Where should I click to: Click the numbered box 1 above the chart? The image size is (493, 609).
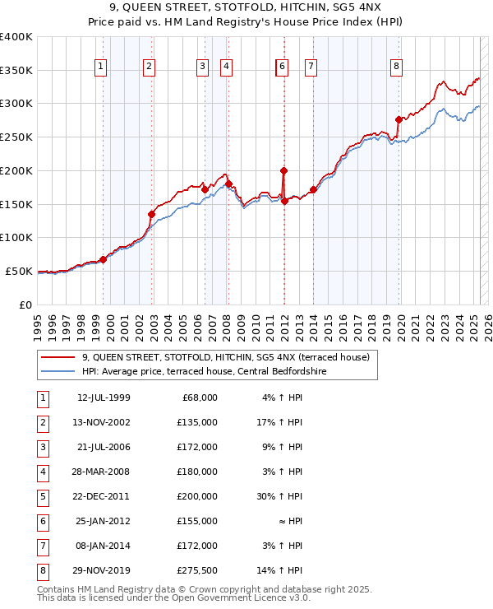click(100, 67)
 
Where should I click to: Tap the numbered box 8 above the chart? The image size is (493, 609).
click(396, 67)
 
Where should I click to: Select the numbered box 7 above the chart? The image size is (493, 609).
click(311, 67)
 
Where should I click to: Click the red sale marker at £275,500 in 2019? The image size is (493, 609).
click(399, 119)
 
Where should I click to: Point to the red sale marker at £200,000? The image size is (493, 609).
click(283, 170)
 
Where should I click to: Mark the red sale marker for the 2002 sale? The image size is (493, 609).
click(152, 214)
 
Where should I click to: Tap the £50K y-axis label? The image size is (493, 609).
click(20, 271)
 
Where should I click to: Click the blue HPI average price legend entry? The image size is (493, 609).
click(204, 371)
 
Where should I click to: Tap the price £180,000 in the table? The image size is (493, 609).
click(199, 472)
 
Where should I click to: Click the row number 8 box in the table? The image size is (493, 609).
click(43, 571)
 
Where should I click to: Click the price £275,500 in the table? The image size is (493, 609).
click(199, 571)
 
